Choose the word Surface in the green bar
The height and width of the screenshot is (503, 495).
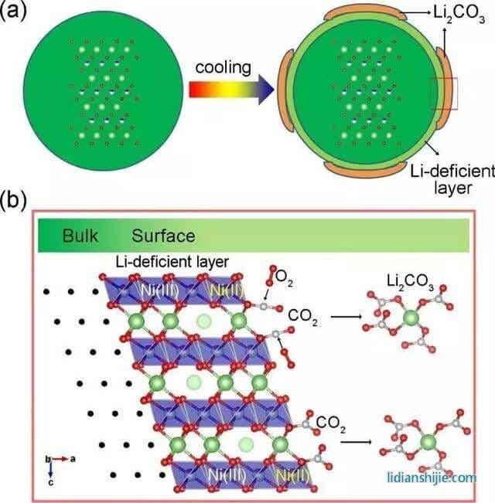click(162, 235)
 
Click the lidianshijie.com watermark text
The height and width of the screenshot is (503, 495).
click(432, 478)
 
